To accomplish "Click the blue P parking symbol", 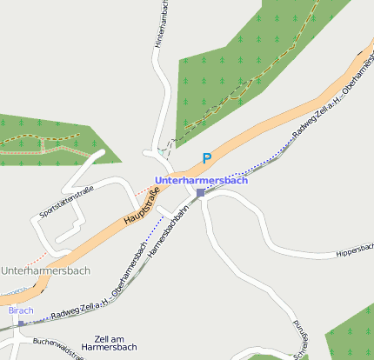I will pos(206,158).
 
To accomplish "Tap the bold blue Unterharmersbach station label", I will pos(201,180).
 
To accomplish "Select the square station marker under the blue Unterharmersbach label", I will pos(200,192).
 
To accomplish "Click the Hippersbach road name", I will pos(353,251).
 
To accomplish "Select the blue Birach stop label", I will pos(20,310).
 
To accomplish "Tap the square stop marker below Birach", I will pos(21,323).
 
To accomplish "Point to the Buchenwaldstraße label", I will pos(61,342).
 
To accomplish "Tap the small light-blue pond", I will pos(161,151).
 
